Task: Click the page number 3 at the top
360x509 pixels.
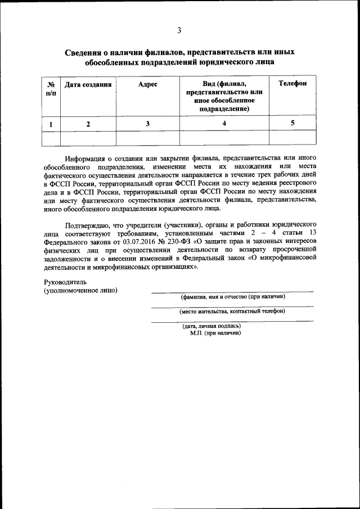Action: (179, 30)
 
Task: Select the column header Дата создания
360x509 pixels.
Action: (88, 84)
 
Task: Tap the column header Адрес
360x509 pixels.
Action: (147, 84)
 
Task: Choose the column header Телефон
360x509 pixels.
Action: (292, 84)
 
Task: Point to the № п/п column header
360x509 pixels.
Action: (51, 88)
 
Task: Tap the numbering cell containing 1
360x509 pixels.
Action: (51, 124)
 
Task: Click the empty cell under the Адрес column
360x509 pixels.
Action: (147, 138)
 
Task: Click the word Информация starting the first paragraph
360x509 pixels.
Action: (85, 159)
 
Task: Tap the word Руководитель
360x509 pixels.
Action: (66, 282)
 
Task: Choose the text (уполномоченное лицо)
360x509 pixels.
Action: (80, 290)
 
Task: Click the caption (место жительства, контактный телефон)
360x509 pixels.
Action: (232, 310)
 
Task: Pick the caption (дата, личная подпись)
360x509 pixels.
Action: (211, 326)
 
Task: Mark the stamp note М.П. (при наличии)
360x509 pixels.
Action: (215, 332)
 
